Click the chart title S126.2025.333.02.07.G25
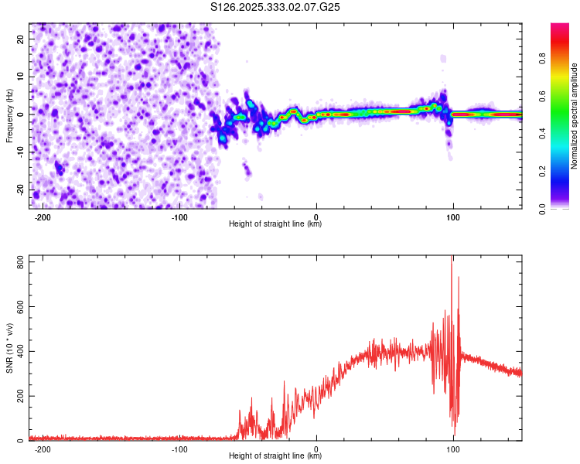275,7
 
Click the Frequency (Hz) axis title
9,114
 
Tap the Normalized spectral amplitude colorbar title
575,116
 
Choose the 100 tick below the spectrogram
453,217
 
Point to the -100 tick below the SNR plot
179,449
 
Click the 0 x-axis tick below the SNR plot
316,449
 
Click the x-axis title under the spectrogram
275,224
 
